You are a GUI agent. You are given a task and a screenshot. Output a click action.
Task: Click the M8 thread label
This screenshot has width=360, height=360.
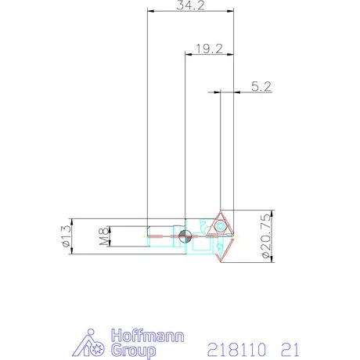coord(103,238)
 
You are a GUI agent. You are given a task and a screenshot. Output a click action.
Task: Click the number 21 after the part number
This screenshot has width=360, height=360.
coord(289,347)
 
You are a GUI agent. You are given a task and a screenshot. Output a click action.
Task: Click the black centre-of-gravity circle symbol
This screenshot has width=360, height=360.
coord(182,237)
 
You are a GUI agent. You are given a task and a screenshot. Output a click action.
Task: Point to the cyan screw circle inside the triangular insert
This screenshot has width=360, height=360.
coord(221,226)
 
